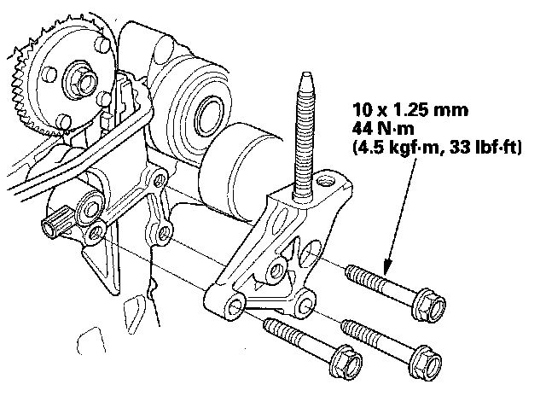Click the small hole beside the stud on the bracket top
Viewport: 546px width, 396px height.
tap(325, 182)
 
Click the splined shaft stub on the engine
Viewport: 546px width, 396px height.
tap(53, 228)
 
